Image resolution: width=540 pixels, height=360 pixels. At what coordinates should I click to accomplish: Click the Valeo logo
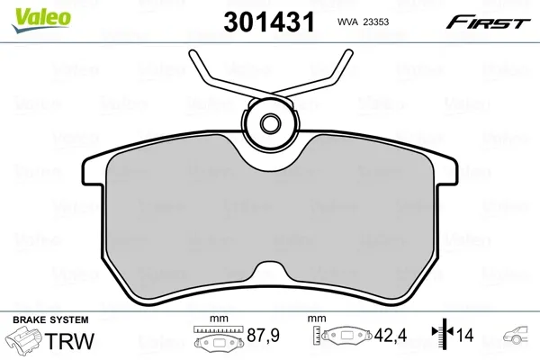[x=41, y=20]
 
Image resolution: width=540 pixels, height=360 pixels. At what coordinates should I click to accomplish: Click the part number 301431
[x=269, y=22]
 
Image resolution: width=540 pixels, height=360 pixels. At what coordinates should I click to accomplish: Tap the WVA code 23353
[x=376, y=22]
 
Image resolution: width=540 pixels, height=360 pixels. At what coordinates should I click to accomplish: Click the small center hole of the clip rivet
[x=270, y=123]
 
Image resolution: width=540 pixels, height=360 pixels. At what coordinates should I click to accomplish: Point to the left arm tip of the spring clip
[x=193, y=53]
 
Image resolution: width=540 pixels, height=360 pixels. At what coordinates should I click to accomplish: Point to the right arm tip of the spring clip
[x=348, y=53]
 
